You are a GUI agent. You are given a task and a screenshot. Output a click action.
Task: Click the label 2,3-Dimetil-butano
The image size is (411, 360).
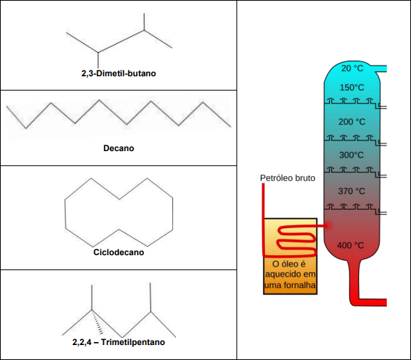click(118, 73)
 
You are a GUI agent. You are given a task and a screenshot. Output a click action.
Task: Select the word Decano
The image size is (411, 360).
click(118, 148)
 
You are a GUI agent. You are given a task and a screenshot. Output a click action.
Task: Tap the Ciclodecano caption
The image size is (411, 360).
click(118, 252)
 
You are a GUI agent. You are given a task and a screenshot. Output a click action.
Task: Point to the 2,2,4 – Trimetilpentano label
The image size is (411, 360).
click(118, 342)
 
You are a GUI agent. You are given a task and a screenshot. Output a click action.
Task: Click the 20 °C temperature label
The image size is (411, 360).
click(353, 68)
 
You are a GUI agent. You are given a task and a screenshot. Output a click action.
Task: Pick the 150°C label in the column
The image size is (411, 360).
click(352, 88)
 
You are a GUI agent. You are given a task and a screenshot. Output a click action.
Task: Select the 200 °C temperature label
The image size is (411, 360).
click(352, 122)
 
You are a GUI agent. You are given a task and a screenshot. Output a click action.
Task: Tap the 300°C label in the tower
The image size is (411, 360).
click(351, 155)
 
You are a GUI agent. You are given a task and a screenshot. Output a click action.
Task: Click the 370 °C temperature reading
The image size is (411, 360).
click(351, 191)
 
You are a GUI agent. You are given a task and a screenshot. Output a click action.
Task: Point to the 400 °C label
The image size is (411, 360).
click(350, 245)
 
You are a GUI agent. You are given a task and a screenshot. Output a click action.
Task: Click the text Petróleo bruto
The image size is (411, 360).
click(288, 178)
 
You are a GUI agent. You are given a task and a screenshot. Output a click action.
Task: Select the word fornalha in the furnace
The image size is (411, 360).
click(301, 285)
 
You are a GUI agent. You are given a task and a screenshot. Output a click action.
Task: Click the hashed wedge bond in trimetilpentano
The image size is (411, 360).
click(98, 322)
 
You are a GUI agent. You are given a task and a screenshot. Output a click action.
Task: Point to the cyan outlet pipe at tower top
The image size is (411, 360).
click(378, 68)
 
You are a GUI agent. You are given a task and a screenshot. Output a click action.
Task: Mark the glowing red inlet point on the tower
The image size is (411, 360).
click(328, 225)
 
